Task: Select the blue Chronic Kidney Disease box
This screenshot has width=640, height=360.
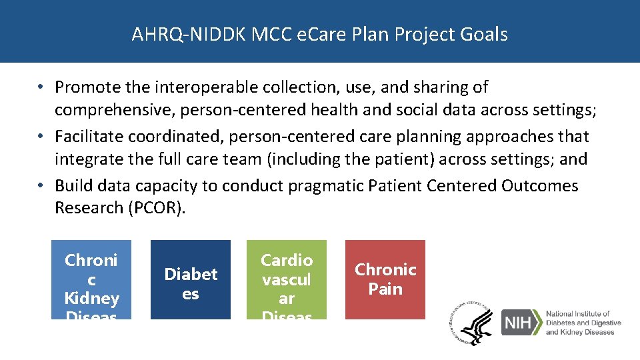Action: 91,279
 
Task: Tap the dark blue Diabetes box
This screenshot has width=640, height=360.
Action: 191,279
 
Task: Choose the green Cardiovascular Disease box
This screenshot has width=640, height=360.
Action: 287,279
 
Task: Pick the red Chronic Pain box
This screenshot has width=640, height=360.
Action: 385,279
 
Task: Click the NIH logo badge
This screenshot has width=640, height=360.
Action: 522,323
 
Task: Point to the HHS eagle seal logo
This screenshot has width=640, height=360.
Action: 475,323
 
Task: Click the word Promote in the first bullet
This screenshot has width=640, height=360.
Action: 85,87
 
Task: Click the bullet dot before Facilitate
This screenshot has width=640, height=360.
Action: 41,137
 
